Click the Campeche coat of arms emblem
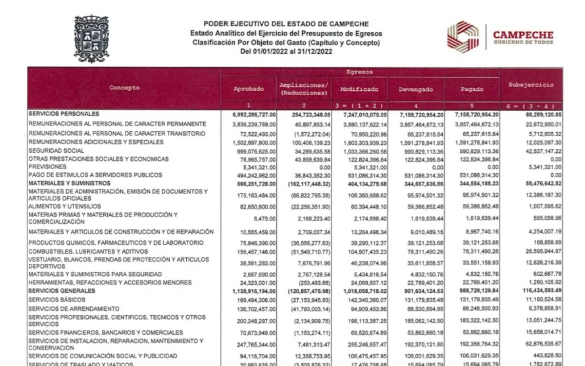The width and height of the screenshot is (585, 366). point(91,39)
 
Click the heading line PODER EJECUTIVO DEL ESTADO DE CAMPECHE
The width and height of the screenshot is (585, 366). point(286,23)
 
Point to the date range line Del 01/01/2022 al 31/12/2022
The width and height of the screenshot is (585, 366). point(286,51)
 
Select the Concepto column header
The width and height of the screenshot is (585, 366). point(124,88)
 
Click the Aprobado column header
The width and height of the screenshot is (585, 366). point(249,89)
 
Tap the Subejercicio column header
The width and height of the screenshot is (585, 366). point(531,85)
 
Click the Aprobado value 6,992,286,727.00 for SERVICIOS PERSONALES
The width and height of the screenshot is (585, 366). point(248,115)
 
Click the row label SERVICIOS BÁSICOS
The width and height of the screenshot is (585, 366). point(57,300)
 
